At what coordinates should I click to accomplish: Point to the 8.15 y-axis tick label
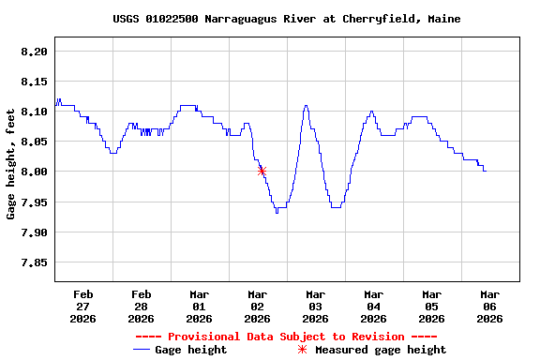(x=34, y=82)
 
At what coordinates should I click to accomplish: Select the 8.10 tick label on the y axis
(x=34, y=112)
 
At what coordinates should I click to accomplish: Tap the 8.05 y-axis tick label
(x=34, y=142)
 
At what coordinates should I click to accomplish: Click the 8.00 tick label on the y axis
(x=34, y=172)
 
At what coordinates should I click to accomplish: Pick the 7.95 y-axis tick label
(x=34, y=202)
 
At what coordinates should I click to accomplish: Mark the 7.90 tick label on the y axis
(x=34, y=232)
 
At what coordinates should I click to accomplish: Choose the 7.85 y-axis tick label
(x=34, y=262)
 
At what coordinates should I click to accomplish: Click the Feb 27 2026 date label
(x=82, y=307)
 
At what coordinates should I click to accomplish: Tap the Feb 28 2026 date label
(x=141, y=307)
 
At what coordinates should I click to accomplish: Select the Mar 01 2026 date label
(x=199, y=307)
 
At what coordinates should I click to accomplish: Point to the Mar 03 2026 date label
(x=315, y=307)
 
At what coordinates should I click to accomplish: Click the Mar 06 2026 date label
(x=489, y=307)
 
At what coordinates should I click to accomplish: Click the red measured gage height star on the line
(x=262, y=171)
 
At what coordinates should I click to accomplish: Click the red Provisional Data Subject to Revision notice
(x=286, y=337)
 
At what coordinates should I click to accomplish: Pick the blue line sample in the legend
(x=142, y=350)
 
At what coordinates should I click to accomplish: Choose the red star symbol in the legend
(x=302, y=350)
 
